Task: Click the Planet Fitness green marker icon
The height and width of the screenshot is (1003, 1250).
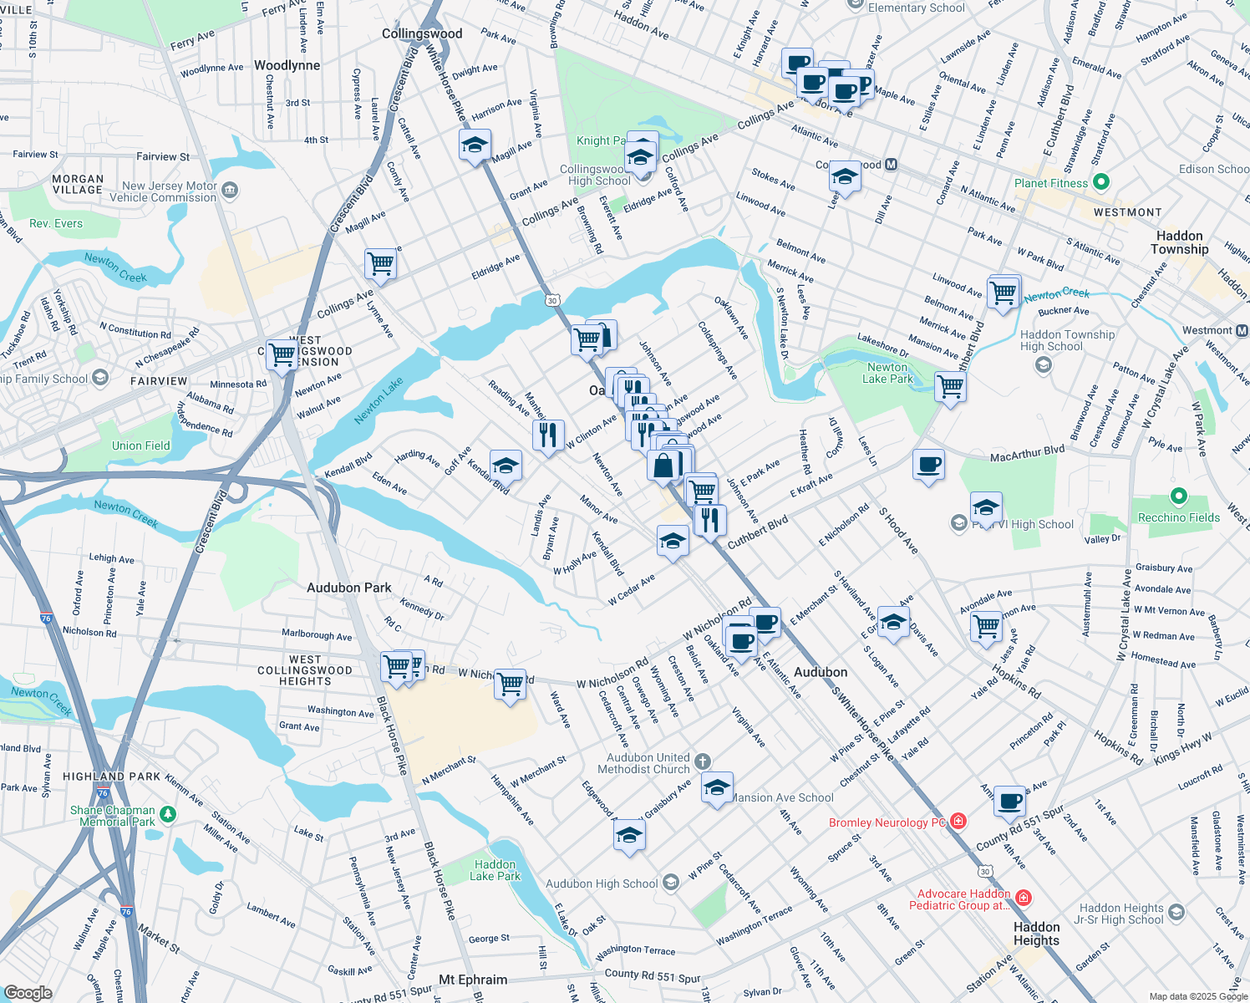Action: [x=1100, y=182]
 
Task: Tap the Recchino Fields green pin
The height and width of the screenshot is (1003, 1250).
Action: [x=1178, y=497]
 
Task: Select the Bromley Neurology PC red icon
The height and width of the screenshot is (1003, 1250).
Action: [x=958, y=822]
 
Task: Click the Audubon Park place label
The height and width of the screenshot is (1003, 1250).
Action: [x=348, y=588]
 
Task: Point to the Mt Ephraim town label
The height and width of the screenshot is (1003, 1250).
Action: [x=473, y=980]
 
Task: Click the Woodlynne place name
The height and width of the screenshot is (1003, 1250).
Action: [x=287, y=65]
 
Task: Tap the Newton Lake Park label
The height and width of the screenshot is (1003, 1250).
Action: [x=887, y=373]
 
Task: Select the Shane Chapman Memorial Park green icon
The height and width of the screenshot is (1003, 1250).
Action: [x=168, y=813]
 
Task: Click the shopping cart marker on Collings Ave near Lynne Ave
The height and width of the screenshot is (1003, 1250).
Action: [x=381, y=263]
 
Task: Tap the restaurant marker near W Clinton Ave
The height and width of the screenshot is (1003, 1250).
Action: [x=548, y=435]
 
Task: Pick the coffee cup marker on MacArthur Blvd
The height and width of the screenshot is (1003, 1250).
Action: [x=928, y=464]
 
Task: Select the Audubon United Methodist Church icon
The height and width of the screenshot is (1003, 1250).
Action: [x=703, y=761]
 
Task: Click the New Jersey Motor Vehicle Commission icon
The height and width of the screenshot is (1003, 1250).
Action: [x=230, y=191]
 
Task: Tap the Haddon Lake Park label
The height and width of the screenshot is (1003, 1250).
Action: [x=495, y=870]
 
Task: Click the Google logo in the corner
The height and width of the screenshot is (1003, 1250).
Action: [x=28, y=992]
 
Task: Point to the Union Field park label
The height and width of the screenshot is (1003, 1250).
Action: [x=140, y=445]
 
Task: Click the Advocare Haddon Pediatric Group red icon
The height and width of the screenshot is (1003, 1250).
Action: [x=1024, y=898]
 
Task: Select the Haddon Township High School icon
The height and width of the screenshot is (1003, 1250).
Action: [x=1043, y=364]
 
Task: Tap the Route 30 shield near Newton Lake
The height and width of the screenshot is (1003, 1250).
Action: [x=552, y=299]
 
